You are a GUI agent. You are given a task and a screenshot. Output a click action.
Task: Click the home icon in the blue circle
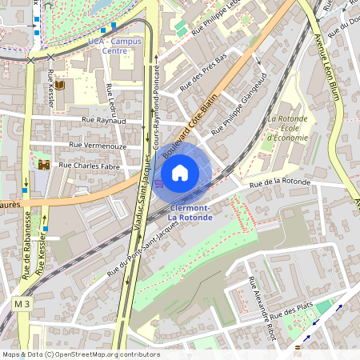pos(180,172)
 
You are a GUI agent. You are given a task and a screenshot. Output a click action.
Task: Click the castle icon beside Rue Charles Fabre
pos(43,165)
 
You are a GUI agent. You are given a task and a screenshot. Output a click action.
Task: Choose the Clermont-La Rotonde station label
pos(190,212)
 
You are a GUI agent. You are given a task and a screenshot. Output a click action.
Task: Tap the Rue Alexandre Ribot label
pos(262,309)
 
